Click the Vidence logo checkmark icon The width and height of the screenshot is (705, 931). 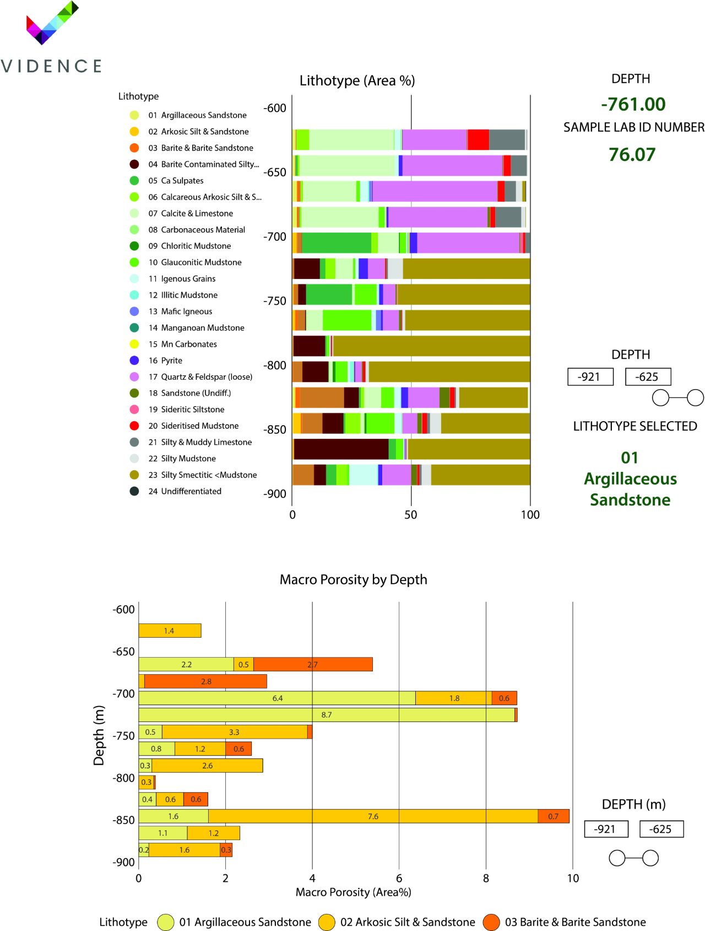pyautogui.click(x=52, y=23)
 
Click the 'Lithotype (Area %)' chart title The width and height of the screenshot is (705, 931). pyautogui.click(x=357, y=81)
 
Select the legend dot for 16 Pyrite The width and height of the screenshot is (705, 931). pyautogui.click(x=134, y=360)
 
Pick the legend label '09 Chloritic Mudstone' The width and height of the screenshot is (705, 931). pyautogui.click(x=189, y=246)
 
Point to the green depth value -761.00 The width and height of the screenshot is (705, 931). pyautogui.click(x=633, y=104)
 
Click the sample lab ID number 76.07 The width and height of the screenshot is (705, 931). pyautogui.click(x=632, y=155)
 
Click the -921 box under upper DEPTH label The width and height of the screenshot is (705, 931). pyautogui.click(x=590, y=377)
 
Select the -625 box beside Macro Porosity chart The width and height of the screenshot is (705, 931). pyautogui.click(x=661, y=829)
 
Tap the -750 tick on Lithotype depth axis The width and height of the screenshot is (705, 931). pyautogui.click(x=274, y=301)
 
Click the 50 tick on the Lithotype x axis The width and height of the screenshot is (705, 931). pyautogui.click(x=411, y=515)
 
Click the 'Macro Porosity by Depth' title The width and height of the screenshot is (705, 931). pyautogui.click(x=353, y=580)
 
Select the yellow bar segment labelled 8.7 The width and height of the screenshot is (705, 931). pyautogui.click(x=326, y=715)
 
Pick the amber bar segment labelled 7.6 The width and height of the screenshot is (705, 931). pyautogui.click(x=373, y=816)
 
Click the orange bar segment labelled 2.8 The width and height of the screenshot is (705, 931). pyautogui.click(x=206, y=681)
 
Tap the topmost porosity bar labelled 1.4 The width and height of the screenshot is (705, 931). pyautogui.click(x=169, y=631)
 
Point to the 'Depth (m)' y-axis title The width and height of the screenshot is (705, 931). pyautogui.click(x=99, y=735)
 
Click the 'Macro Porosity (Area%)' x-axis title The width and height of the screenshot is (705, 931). pyautogui.click(x=353, y=892)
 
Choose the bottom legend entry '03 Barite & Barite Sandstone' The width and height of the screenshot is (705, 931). pyautogui.click(x=574, y=922)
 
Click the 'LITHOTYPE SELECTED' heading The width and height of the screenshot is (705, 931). pyautogui.click(x=634, y=427)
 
